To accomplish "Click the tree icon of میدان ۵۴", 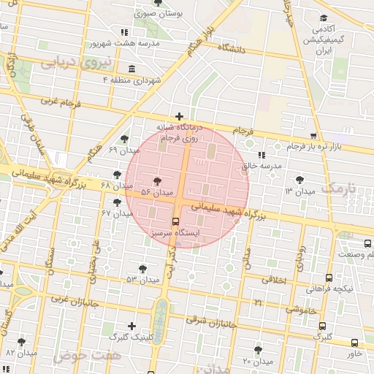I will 157,180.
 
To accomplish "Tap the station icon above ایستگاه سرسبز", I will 175,221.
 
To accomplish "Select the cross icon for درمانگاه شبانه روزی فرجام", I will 179,115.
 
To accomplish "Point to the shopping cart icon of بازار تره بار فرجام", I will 313,136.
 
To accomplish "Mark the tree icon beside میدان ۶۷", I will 117,201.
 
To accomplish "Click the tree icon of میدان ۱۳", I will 299,179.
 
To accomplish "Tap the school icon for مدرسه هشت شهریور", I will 123,32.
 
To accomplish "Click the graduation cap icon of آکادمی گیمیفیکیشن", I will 323,19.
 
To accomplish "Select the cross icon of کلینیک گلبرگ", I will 131,326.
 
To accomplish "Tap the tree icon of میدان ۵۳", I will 142,269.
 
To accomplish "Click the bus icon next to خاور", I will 354,343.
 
